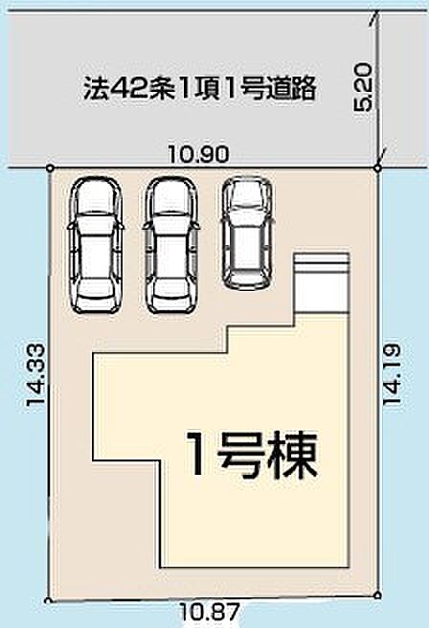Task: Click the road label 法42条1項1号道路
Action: [198, 90]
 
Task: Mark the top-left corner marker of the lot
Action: [50, 168]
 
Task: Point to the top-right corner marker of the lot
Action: [378, 168]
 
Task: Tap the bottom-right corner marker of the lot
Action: [378, 593]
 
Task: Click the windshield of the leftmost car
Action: [96, 213]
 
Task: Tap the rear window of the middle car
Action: [171, 285]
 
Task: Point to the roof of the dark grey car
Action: [248, 235]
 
